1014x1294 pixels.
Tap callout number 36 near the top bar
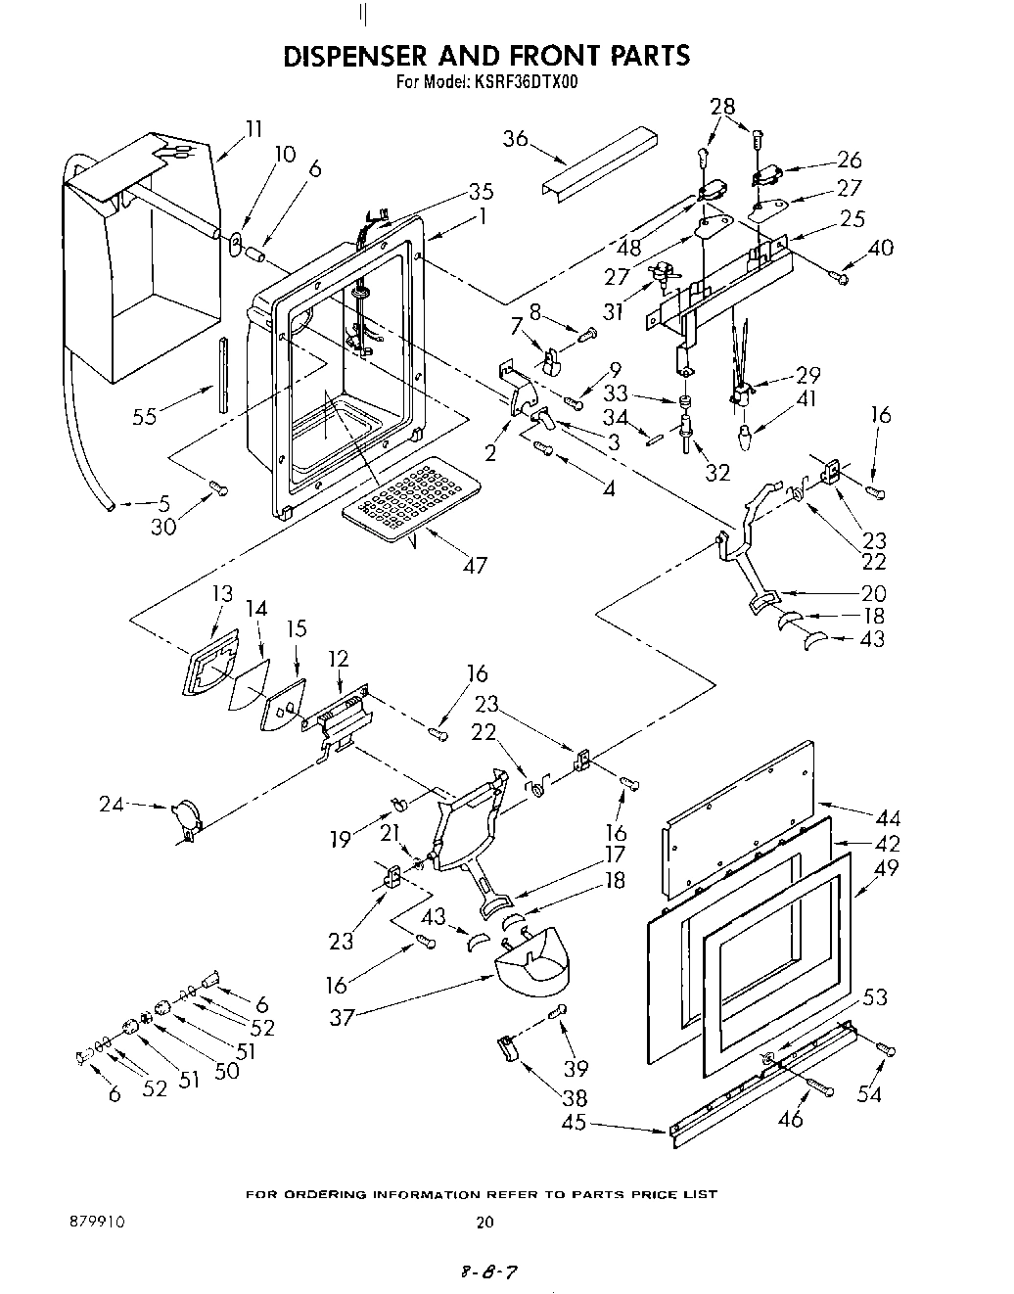516,139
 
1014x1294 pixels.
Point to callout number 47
475,565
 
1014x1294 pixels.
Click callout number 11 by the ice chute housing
253,128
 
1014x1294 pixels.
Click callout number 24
112,805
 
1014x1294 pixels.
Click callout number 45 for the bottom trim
575,1122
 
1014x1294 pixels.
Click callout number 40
880,248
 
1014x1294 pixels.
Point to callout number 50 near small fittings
226,1071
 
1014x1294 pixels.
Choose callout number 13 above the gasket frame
222,593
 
